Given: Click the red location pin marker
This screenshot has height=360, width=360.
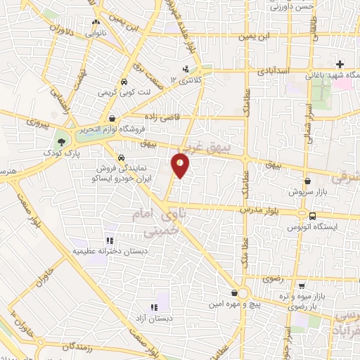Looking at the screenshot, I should tap(181, 165).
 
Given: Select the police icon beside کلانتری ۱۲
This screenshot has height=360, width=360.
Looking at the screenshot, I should tap(186, 69).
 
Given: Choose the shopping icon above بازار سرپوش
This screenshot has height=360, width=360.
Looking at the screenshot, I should tap(308, 181).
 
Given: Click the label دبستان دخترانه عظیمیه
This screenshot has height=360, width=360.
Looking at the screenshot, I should tap(103, 250).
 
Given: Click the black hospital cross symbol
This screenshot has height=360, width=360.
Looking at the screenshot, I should tap(340, 64).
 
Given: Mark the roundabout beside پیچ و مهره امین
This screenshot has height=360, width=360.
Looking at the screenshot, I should tap(243, 293).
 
